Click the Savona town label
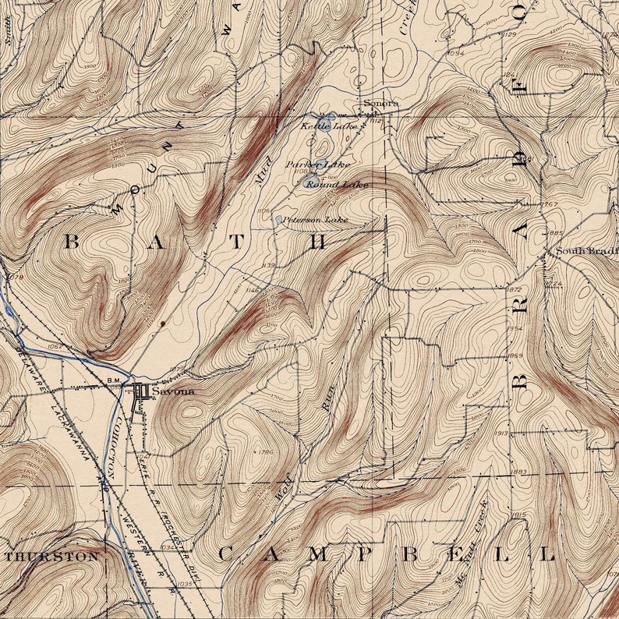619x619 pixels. tap(173, 391)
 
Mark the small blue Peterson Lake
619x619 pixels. tap(278, 221)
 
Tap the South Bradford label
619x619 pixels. tap(585, 251)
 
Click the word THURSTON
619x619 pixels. tap(53, 557)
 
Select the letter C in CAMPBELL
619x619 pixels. tap(225, 554)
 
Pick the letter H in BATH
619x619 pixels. tap(317, 242)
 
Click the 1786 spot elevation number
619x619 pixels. tap(265, 451)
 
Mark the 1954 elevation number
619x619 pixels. tap(515, 329)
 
